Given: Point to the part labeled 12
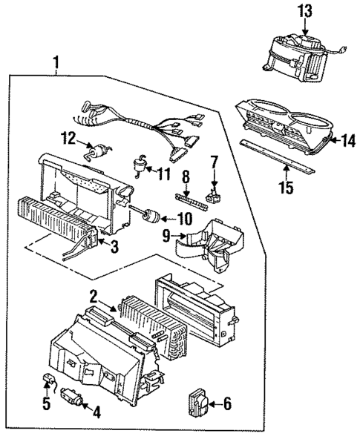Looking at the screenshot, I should tap(95, 151).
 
